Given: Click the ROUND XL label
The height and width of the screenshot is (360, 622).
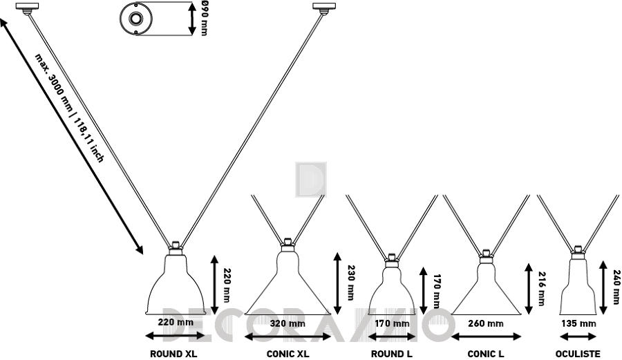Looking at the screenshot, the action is (173, 354).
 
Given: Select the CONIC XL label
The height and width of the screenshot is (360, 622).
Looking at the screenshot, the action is (288, 354).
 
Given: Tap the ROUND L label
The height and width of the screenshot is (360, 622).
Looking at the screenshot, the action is (392, 354).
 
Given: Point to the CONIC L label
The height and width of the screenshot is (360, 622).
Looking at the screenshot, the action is (486, 354).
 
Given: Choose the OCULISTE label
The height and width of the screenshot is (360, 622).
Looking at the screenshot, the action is (578, 354).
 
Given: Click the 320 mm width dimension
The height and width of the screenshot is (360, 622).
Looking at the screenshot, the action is (288, 323).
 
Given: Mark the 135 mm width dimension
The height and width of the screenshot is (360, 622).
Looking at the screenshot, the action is (578, 323).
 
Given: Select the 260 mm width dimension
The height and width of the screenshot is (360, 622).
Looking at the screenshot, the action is (486, 323).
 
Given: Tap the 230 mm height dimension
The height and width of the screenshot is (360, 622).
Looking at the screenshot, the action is (350, 283).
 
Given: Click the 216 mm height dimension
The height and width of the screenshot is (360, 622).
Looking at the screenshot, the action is (541, 288).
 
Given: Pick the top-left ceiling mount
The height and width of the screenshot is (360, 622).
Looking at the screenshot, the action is (28, 7).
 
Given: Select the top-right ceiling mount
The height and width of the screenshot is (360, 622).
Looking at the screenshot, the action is (324, 7).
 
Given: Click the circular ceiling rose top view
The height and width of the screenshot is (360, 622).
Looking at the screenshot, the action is (136, 19).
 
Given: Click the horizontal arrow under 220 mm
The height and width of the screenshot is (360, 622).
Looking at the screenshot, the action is (175, 337).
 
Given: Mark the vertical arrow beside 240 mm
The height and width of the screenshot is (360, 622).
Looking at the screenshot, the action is (603, 287).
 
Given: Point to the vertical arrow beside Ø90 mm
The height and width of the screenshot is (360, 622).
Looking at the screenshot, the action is (192, 19).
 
